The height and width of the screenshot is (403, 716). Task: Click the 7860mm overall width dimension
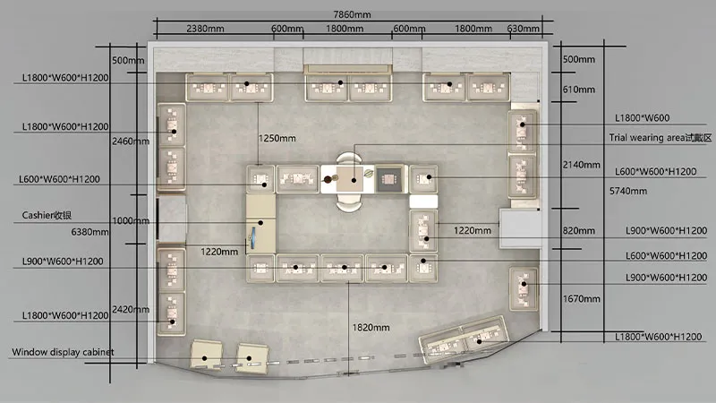tap(352, 14)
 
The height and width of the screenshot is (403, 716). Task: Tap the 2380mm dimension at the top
tap(205, 29)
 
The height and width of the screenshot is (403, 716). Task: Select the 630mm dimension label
tap(524, 29)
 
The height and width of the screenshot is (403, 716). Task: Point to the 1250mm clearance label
tap(277, 138)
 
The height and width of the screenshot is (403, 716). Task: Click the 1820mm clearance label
tap(371, 328)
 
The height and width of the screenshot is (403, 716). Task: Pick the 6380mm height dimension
tap(90, 232)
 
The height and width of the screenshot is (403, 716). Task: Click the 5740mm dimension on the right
tap(628, 191)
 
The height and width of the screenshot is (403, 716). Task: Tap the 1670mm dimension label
tap(581, 299)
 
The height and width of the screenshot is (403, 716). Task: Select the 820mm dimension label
tap(578, 231)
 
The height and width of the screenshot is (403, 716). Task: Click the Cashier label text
tap(47, 215)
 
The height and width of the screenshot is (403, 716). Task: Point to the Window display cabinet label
tap(63, 352)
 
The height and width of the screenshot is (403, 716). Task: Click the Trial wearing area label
tap(661, 138)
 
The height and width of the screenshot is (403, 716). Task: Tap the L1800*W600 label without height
tap(642, 118)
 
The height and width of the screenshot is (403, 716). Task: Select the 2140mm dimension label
tap(581, 165)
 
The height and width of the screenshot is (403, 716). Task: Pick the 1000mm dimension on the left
tap(131, 220)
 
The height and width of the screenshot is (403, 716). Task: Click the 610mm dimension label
tap(578, 90)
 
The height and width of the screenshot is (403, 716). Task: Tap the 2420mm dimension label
tap(131, 309)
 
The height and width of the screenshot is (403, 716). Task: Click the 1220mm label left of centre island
tap(219, 252)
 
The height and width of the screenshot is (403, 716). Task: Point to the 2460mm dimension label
tap(131, 141)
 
